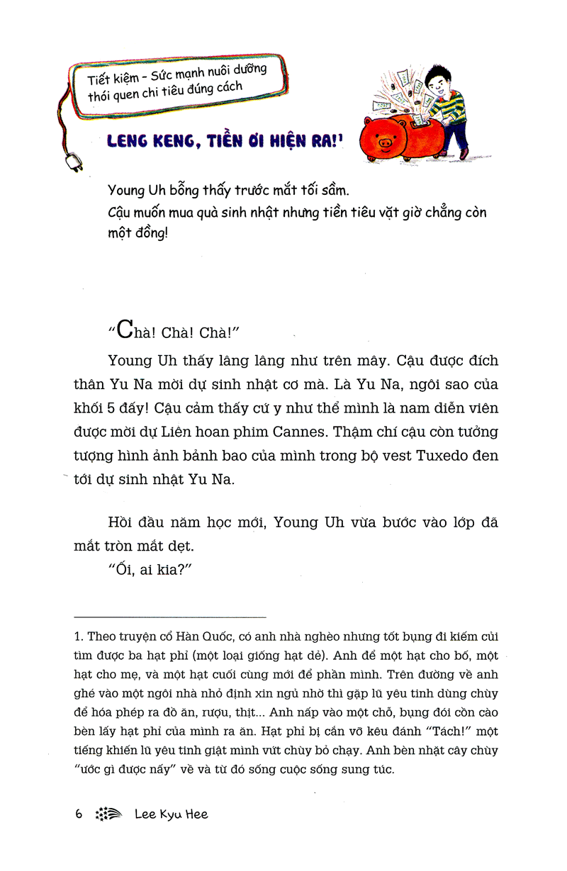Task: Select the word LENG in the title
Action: [129, 141]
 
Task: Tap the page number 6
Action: [79, 814]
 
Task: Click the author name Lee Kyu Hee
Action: [172, 814]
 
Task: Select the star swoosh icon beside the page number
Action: [108, 815]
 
